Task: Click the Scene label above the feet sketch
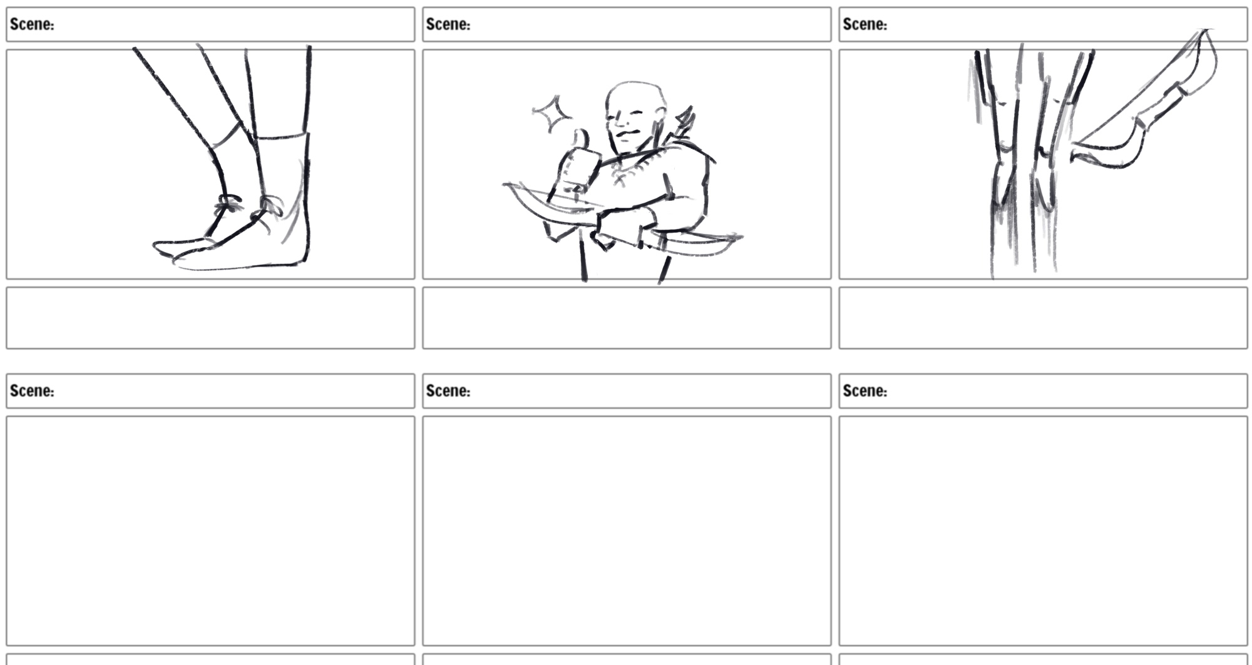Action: [x=32, y=24]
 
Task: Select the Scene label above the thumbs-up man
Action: [x=448, y=24]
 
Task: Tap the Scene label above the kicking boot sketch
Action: [x=865, y=24]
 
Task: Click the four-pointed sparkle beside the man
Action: [x=551, y=113]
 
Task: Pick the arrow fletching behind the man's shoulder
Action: [x=684, y=123]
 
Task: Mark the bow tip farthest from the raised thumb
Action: [x=739, y=237]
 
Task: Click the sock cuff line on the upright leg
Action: [x=282, y=136]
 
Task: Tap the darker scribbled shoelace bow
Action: [x=228, y=204]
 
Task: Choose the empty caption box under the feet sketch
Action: [x=210, y=318]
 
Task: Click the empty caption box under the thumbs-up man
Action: [x=627, y=318]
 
